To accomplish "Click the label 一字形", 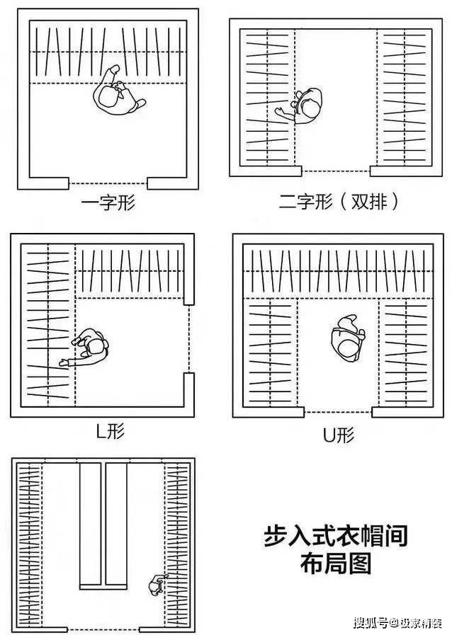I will point(108,204).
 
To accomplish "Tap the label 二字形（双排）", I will point(338,202).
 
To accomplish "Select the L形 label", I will point(110,431).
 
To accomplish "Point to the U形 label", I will point(338,435).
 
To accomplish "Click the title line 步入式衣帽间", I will point(336,535).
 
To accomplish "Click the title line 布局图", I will point(336,564).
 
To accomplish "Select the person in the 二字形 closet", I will point(303,106).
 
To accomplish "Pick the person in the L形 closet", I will point(88,348).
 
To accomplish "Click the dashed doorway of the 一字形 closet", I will point(108,183).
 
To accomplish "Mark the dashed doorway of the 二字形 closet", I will point(336,171).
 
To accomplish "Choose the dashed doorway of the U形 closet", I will point(338,411).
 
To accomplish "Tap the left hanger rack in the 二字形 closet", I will point(266,98).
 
